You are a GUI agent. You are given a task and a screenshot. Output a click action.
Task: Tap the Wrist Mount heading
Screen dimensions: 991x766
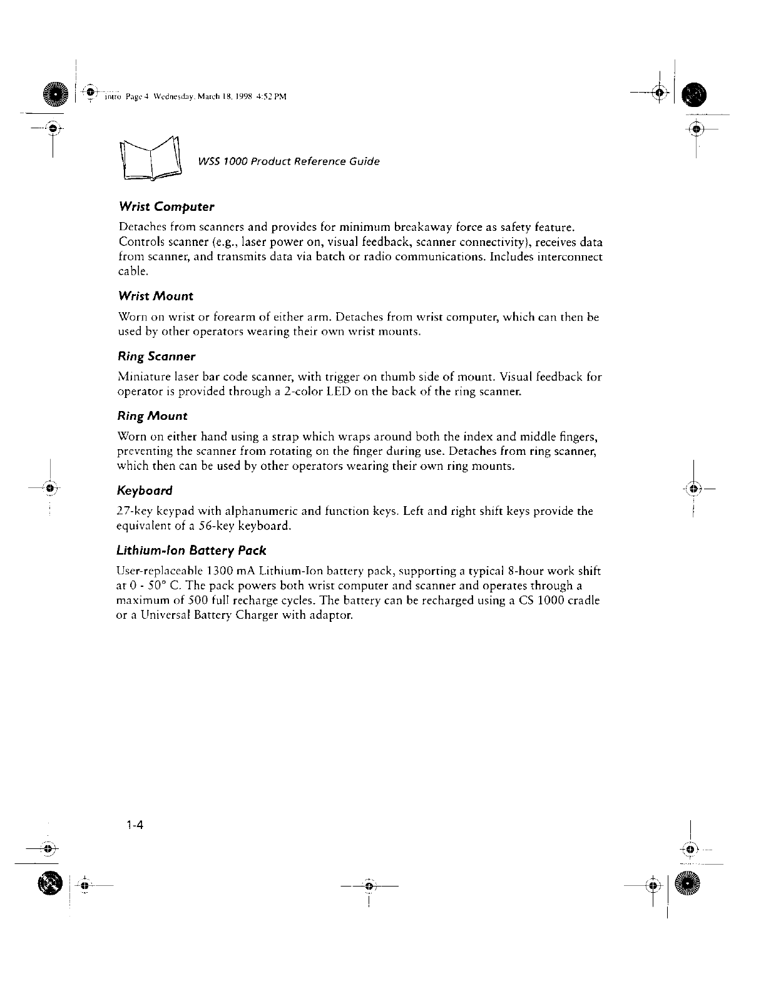pyautogui.click(x=155, y=296)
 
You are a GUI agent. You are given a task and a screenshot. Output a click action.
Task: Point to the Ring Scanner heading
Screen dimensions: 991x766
pyautogui.click(x=156, y=356)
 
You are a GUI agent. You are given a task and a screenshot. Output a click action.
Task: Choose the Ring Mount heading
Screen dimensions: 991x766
pyautogui.click(x=152, y=416)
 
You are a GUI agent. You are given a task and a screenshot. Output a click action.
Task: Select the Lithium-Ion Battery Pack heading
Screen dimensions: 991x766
pyautogui.click(x=191, y=551)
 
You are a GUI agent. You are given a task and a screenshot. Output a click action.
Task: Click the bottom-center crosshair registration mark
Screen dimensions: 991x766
pyautogui.click(x=369, y=887)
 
